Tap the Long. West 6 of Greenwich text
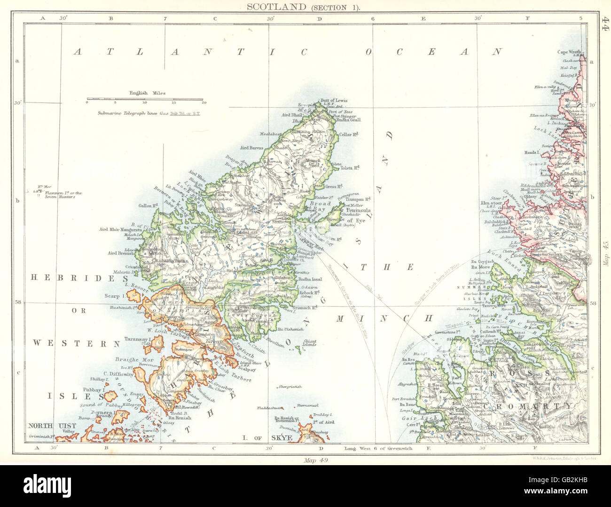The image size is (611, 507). point(378,449)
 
